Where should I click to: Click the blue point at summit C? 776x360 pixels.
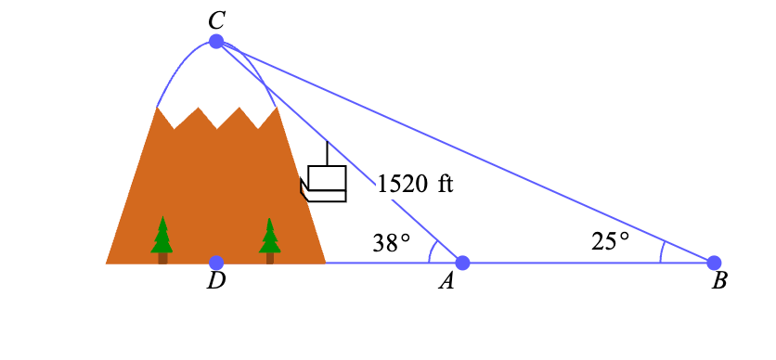point(215,42)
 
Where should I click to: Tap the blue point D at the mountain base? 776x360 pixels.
point(216,263)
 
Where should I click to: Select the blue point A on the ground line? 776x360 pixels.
point(462,263)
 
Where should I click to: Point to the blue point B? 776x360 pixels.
point(714,263)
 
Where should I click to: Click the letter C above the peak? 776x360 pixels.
point(216,21)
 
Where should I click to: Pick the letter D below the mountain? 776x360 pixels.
point(215,281)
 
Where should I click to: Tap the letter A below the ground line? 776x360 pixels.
point(446,281)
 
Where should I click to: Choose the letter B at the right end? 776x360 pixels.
point(718,281)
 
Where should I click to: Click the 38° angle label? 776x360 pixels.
point(392,243)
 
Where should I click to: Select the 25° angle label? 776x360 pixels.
point(610,241)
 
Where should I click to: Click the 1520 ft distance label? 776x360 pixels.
point(415,185)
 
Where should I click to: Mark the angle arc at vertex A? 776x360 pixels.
point(431,251)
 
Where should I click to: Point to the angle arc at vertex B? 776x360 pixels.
point(662,252)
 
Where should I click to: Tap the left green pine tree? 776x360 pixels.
point(162,235)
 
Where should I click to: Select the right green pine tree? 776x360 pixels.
point(270,236)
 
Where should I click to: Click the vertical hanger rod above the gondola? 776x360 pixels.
point(327,153)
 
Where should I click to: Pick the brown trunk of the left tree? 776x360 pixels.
point(162,258)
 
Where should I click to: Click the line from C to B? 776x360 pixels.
point(465,152)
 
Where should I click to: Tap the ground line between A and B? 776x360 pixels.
point(588,263)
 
